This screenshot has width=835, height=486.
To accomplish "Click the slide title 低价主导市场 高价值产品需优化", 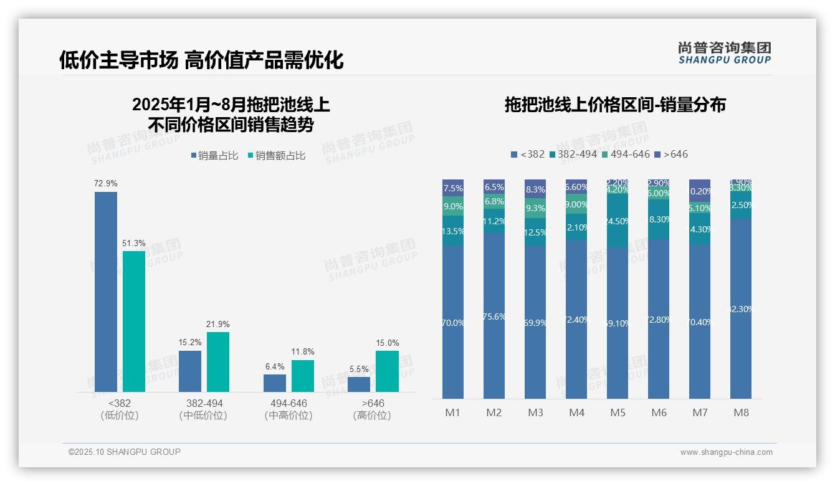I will pyautogui.click(x=201, y=60).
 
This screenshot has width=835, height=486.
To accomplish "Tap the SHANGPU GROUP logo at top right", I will pyautogui.click(x=724, y=53).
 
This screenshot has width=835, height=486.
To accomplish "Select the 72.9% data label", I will pyautogui.click(x=105, y=184).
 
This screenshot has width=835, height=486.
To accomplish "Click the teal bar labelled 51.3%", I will pyautogui.click(x=133, y=321).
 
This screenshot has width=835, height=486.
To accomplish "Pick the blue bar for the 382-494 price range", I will pyautogui.click(x=190, y=371).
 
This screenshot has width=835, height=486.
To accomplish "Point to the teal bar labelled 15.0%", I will pyautogui.click(x=386, y=371).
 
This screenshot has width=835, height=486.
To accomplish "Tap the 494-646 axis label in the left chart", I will pyautogui.click(x=289, y=404).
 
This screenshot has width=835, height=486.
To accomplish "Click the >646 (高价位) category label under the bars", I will pyautogui.click(x=372, y=409).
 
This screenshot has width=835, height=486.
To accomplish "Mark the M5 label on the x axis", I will pyautogui.click(x=618, y=412).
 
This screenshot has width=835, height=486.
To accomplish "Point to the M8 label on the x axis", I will pyautogui.click(x=741, y=412).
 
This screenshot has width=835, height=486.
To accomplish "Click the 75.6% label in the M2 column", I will pyautogui.click(x=494, y=317).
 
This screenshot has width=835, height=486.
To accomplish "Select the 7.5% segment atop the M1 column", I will pyautogui.click(x=453, y=188).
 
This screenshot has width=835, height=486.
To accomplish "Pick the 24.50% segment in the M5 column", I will pyautogui.click(x=618, y=221).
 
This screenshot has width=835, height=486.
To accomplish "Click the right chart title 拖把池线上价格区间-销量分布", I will pyautogui.click(x=615, y=105).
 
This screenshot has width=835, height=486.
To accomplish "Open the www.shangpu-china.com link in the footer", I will pyautogui.click(x=726, y=452).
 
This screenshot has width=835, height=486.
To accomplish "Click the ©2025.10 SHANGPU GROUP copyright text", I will pyautogui.click(x=124, y=452).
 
